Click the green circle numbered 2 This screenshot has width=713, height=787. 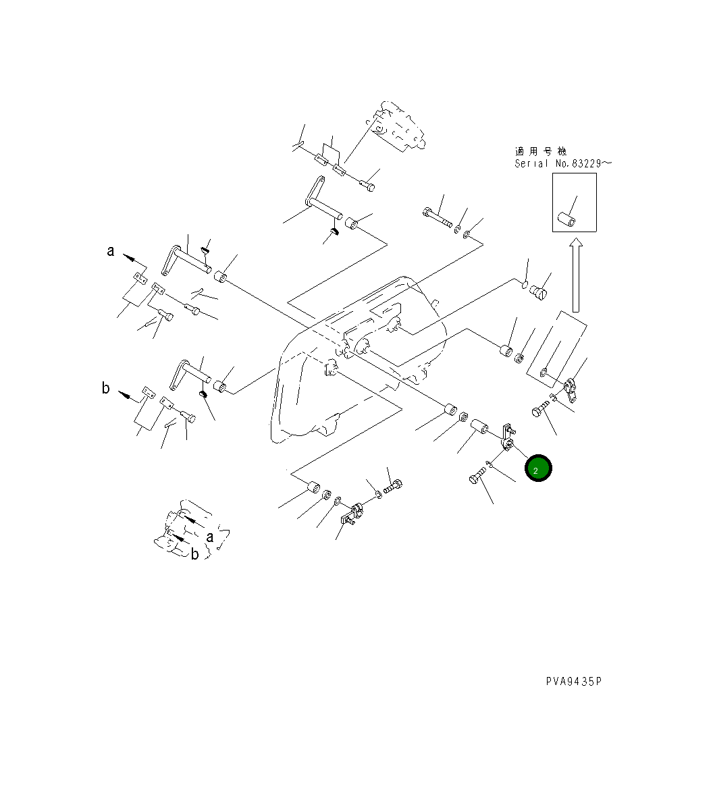point(537,468)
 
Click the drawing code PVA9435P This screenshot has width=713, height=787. point(574,681)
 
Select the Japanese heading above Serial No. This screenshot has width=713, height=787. point(541,151)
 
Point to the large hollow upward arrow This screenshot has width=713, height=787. point(576,275)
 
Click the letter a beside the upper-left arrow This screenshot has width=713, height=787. point(111,251)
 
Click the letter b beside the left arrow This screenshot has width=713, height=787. point(105,388)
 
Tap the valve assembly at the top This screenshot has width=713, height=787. point(396,126)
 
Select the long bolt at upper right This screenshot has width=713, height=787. point(437,217)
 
